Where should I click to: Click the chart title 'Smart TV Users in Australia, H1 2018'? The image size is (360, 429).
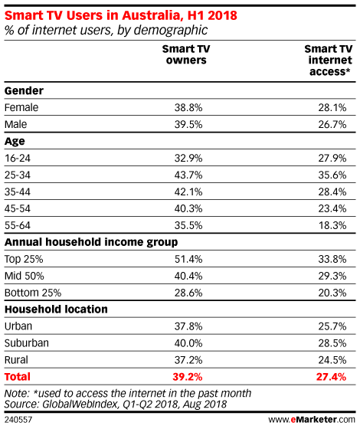[121, 15]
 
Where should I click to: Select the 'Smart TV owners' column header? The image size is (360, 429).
[186, 54]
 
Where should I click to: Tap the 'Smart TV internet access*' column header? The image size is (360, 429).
[329, 61]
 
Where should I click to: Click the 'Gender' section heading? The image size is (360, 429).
[24, 90]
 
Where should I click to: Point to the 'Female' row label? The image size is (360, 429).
[21, 107]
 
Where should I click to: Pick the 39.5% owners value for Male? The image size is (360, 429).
[188, 124]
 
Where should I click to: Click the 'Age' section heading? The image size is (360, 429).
[15, 141]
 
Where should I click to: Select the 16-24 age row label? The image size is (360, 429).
[18, 158]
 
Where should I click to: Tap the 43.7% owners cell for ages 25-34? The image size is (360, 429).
[188, 175]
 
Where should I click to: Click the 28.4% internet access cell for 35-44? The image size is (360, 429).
[332, 192]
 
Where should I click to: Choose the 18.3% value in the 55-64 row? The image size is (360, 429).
[332, 225]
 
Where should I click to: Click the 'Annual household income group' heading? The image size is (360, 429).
[91, 242]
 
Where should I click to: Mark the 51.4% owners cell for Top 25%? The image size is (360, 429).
[188, 259]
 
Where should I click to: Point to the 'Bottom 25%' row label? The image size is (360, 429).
[33, 293]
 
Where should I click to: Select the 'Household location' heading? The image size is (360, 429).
[56, 309]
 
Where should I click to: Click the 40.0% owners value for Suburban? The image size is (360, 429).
[188, 343]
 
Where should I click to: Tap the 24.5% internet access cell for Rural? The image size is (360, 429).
[332, 360]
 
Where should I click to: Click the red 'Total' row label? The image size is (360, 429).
[17, 377]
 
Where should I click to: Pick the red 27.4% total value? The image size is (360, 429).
[331, 377]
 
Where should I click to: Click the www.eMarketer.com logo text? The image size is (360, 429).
[312, 420]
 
